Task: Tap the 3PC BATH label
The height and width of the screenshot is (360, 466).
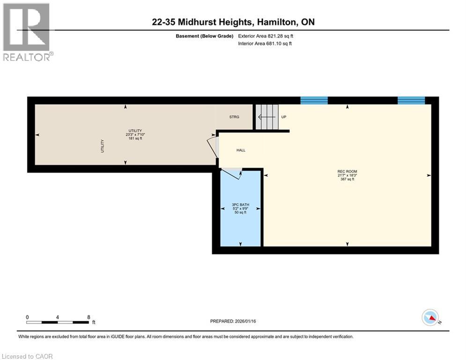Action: (x=239, y=205)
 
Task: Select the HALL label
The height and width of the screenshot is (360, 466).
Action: (x=240, y=150)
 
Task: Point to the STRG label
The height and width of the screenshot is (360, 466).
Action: (x=234, y=117)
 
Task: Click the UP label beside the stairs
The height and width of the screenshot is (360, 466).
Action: (x=283, y=117)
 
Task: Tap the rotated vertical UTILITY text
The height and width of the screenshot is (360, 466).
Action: (x=102, y=146)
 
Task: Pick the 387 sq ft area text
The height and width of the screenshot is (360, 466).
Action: (x=347, y=179)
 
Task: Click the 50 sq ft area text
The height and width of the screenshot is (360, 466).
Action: (x=239, y=212)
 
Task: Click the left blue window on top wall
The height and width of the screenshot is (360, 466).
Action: (x=314, y=100)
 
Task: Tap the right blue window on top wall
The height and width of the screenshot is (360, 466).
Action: (x=411, y=100)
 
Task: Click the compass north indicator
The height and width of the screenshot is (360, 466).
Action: (x=429, y=317)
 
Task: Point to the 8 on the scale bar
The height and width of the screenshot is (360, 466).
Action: (x=89, y=317)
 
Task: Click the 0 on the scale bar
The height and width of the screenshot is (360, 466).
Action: (x=27, y=317)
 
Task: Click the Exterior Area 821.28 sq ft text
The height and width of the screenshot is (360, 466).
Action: (x=266, y=36)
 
